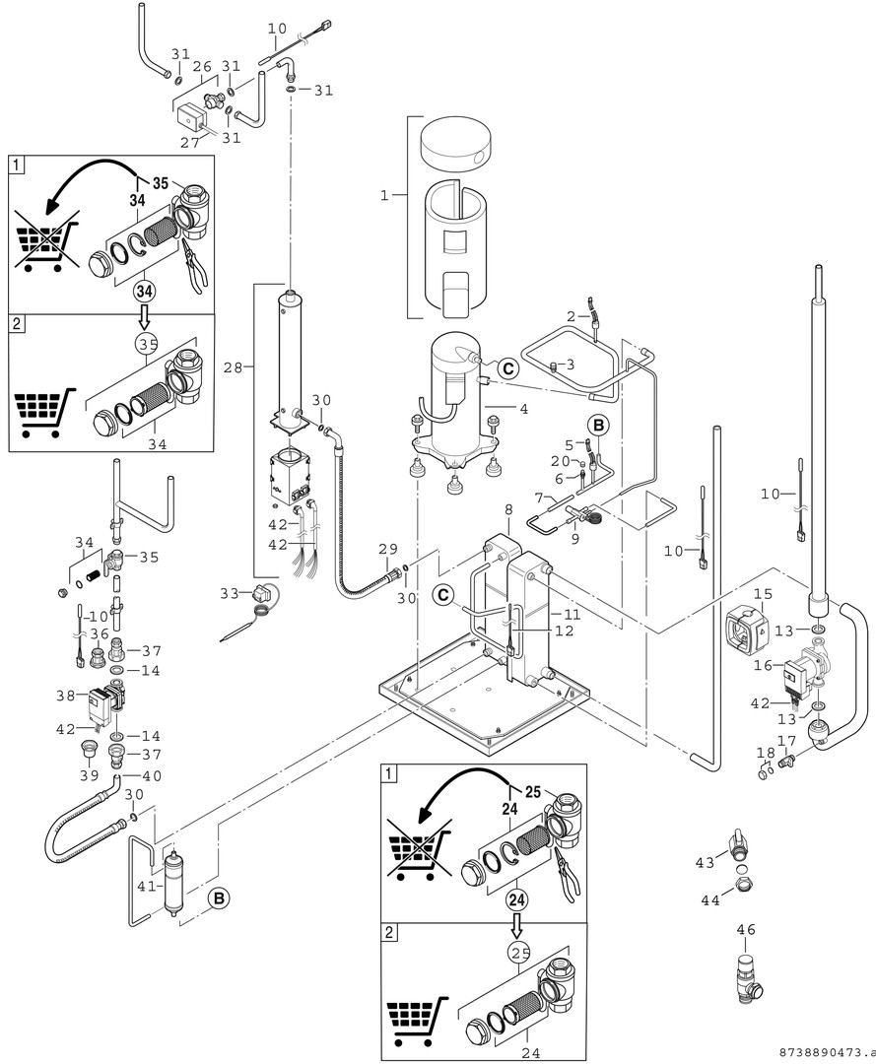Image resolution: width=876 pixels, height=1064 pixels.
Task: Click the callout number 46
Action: pyautogui.click(x=745, y=928)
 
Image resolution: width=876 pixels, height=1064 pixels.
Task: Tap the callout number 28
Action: pyautogui.click(x=234, y=366)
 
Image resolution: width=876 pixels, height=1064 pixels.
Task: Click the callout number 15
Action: pyautogui.click(x=763, y=594)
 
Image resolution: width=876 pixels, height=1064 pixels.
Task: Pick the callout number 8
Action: pyautogui.click(x=507, y=510)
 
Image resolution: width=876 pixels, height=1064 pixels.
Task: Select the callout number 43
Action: pyautogui.click(x=706, y=863)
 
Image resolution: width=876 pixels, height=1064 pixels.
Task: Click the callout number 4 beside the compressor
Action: pyautogui.click(x=524, y=409)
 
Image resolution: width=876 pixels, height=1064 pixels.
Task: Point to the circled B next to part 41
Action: pyautogui.click(x=218, y=898)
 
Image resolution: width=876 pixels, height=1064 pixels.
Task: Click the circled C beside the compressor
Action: pyautogui.click(x=506, y=367)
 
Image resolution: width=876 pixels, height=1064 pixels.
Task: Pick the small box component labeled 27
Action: pyautogui.click(x=191, y=119)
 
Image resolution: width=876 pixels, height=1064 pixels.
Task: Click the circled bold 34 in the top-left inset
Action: pyautogui.click(x=146, y=292)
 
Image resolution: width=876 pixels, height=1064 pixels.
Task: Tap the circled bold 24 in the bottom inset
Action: pyautogui.click(x=516, y=898)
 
